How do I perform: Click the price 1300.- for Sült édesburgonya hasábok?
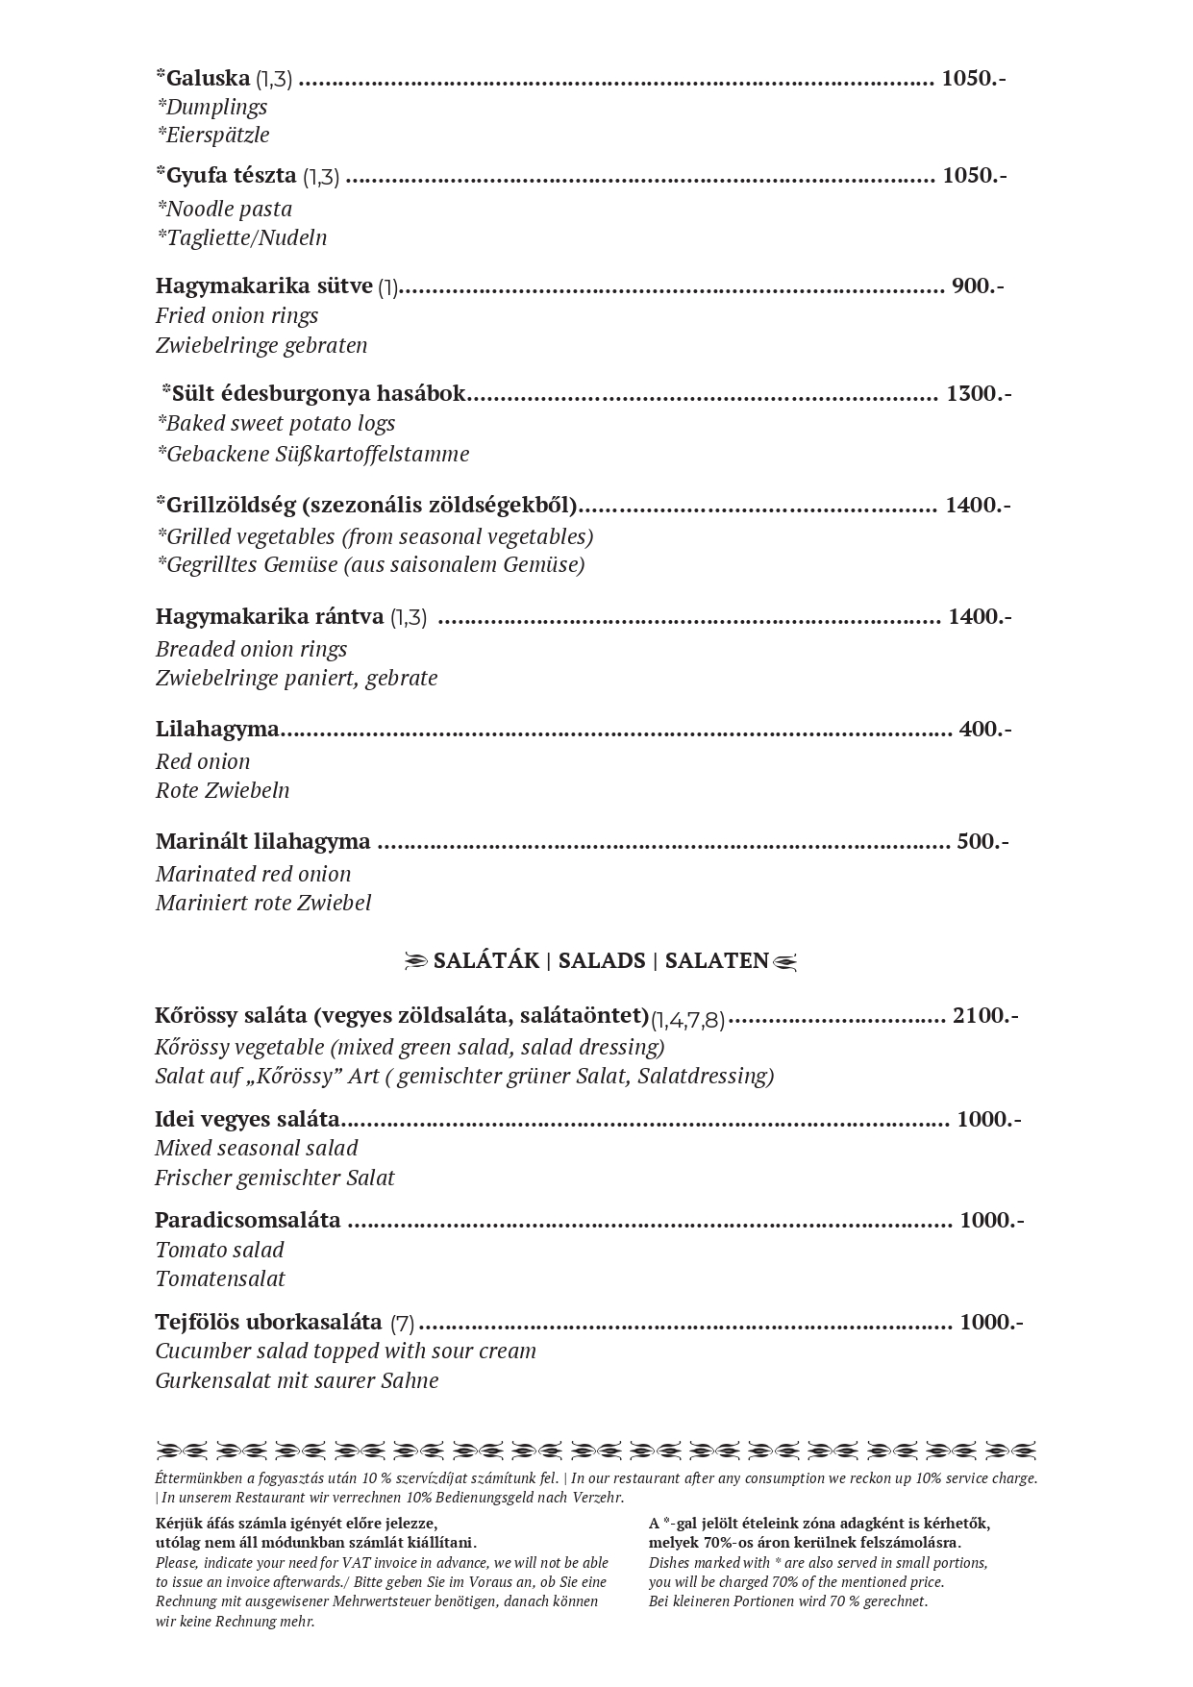pos(979,394)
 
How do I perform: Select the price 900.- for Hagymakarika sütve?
pos(978,286)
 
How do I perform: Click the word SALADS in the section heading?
pos(602,961)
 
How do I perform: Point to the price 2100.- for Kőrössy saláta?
pos(985,1016)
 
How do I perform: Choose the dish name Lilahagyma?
pos(217,730)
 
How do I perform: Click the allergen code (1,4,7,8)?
pos(687,1020)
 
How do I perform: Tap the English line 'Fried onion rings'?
pos(236,316)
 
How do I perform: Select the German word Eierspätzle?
pos(213,136)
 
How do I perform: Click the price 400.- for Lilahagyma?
pos(985,730)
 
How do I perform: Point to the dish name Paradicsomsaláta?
pos(248,1221)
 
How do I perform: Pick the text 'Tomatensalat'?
pos(220,1279)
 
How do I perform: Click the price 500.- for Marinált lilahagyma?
pos(982,842)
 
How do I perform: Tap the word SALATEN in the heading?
pos(717,961)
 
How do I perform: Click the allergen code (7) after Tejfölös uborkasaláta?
pos(402,1324)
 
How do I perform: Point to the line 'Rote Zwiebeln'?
pos(222,791)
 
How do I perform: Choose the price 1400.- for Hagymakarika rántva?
pos(980,617)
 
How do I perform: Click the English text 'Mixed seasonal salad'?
pos(256,1149)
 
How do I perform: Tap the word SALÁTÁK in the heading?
pos(486,961)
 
